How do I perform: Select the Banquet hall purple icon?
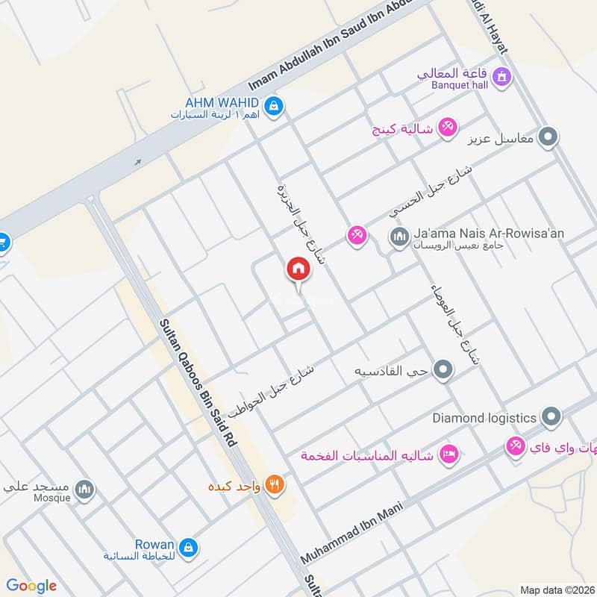point(502,76)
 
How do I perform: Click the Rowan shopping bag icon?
point(190,547)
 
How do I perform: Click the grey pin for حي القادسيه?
point(443,369)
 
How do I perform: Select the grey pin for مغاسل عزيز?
point(549,137)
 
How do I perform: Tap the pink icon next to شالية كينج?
point(448,128)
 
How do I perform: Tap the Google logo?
point(31,586)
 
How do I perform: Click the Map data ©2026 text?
point(557,590)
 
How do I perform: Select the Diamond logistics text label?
point(484,418)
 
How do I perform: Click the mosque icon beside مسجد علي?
point(86,490)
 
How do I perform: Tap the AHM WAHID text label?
point(223,102)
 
